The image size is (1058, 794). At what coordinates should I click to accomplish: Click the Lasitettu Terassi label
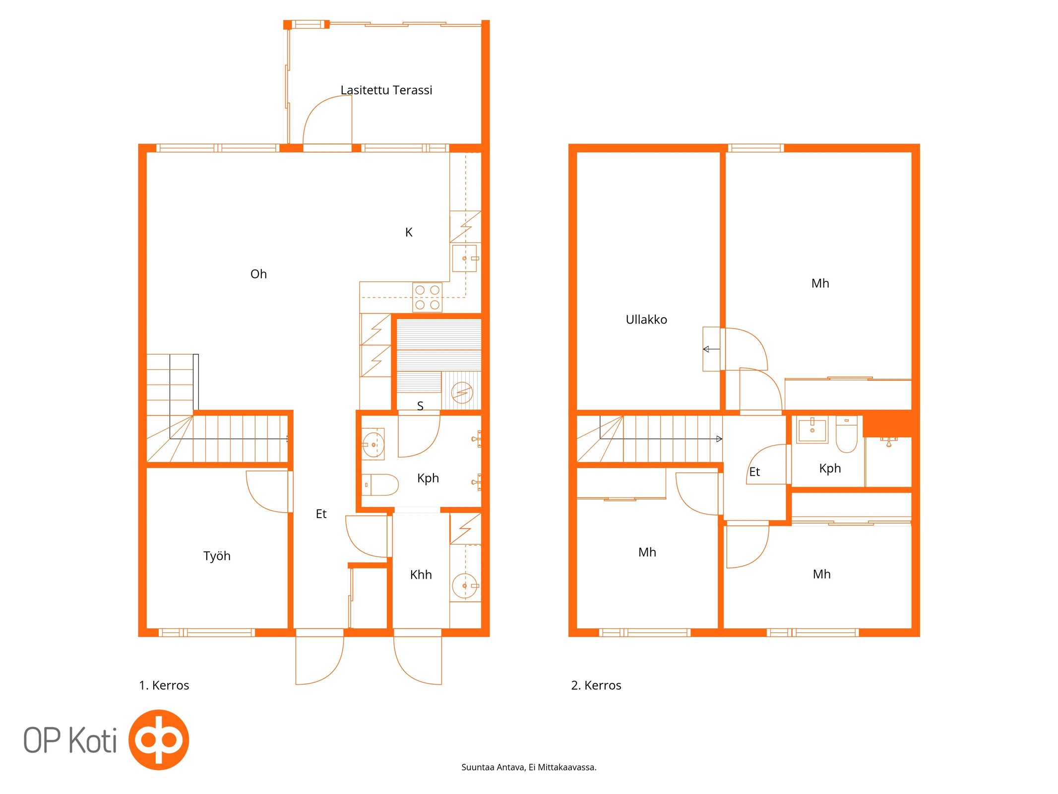click(386, 90)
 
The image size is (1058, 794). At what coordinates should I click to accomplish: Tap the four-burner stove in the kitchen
click(427, 297)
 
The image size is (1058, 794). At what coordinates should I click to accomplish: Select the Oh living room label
click(258, 274)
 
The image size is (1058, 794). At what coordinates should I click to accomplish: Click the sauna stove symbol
click(462, 393)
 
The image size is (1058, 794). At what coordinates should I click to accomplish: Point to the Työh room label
click(217, 556)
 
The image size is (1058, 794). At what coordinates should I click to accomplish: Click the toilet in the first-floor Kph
click(380, 485)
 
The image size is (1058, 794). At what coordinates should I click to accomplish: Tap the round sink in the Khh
click(465, 586)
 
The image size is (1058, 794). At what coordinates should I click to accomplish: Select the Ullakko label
click(646, 320)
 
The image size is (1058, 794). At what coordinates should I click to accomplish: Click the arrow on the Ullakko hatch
click(711, 349)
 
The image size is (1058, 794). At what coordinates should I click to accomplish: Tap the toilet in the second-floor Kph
click(846, 434)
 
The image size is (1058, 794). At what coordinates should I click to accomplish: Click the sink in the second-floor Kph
click(812, 429)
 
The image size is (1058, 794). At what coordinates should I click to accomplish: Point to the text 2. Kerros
click(596, 685)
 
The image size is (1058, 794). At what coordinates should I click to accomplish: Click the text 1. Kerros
click(164, 685)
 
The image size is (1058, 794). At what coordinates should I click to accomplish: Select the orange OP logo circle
click(159, 739)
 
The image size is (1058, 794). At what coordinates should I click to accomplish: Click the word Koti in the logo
click(93, 740)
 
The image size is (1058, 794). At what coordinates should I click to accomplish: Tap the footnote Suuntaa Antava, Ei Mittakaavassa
click(529, 767)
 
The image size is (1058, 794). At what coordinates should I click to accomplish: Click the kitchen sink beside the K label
click(465, 258)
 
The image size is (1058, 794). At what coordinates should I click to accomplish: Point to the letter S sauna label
click(420, 406)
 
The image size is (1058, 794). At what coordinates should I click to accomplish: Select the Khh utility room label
click(421, 575)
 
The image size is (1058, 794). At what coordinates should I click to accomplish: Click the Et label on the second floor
click(754, 472)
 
